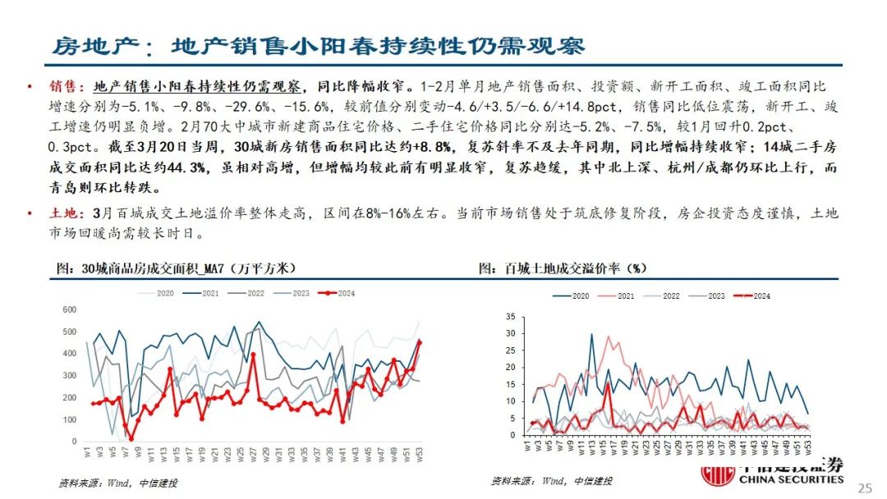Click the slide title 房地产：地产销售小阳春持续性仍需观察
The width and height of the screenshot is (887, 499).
pos(318,46)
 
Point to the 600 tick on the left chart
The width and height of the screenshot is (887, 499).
pos(70,309)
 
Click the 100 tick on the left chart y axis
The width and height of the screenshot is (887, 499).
pos(70,419)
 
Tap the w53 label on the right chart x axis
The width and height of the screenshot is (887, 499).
pos(808,448)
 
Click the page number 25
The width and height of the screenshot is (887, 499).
pos(863,488)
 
